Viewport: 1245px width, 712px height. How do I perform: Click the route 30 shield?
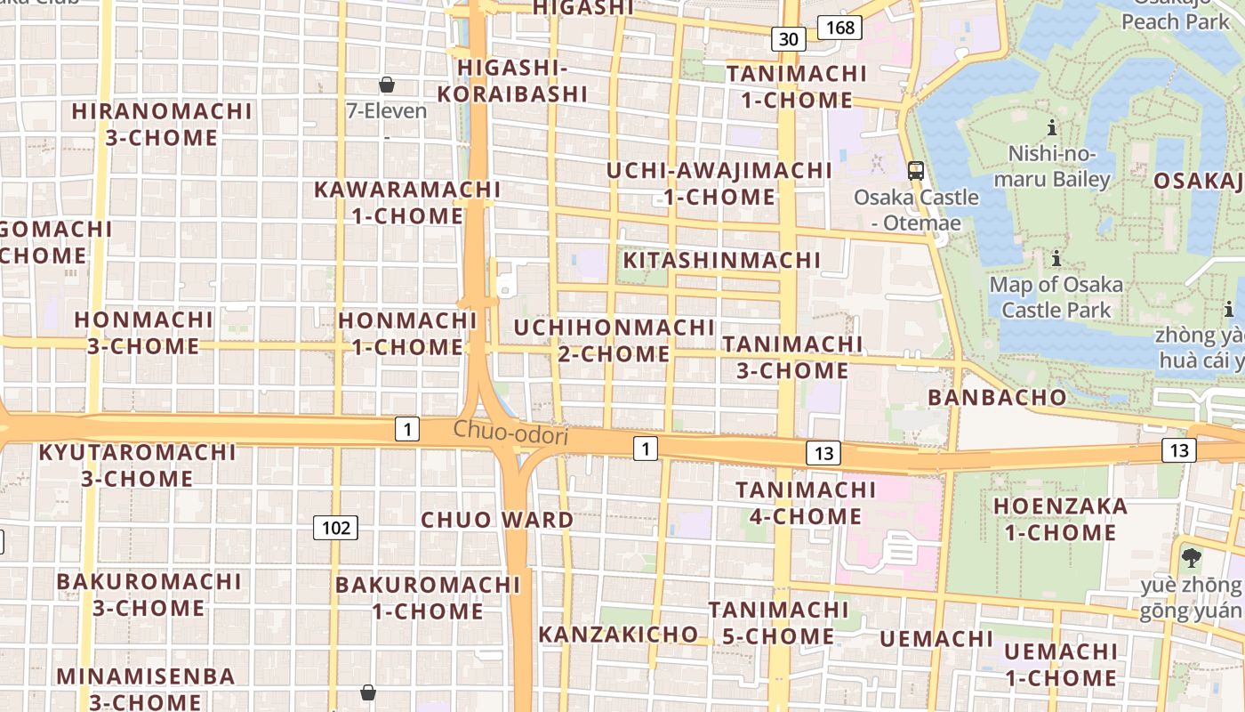pos(789,38)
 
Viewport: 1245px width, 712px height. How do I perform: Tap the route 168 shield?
pos(839,28)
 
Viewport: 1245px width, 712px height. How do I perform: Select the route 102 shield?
pos(335,528)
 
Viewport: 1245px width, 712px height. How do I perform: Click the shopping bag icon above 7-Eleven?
pos(387,85)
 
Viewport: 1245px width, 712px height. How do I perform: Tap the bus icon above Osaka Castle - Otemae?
pos(916,170)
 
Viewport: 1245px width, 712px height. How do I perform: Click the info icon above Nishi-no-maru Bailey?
pos(1052,127)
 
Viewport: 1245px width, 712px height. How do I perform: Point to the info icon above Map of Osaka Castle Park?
pos(1056,259)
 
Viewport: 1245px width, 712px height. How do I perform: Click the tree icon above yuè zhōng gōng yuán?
pos(1192,558)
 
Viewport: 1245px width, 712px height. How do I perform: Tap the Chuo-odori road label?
pos(510,432)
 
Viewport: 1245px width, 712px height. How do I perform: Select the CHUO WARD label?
pos(497,520)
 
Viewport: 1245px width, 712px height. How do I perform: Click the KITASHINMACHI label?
pos(721,260)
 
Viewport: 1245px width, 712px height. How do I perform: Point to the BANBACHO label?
pos(997,397)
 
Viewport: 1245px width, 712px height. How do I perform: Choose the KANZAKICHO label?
pos(618,634)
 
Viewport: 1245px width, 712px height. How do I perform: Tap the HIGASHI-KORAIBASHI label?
pos(512,80)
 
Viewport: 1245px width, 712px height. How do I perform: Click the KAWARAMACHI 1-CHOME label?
pos(407,202)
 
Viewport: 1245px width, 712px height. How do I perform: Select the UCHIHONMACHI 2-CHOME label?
pos(614,340)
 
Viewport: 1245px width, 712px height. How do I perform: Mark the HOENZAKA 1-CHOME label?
pos(1059,519)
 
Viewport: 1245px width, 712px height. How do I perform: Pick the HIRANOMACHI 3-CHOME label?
pos(162,124)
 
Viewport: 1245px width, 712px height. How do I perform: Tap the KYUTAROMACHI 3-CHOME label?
pos(137,465)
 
